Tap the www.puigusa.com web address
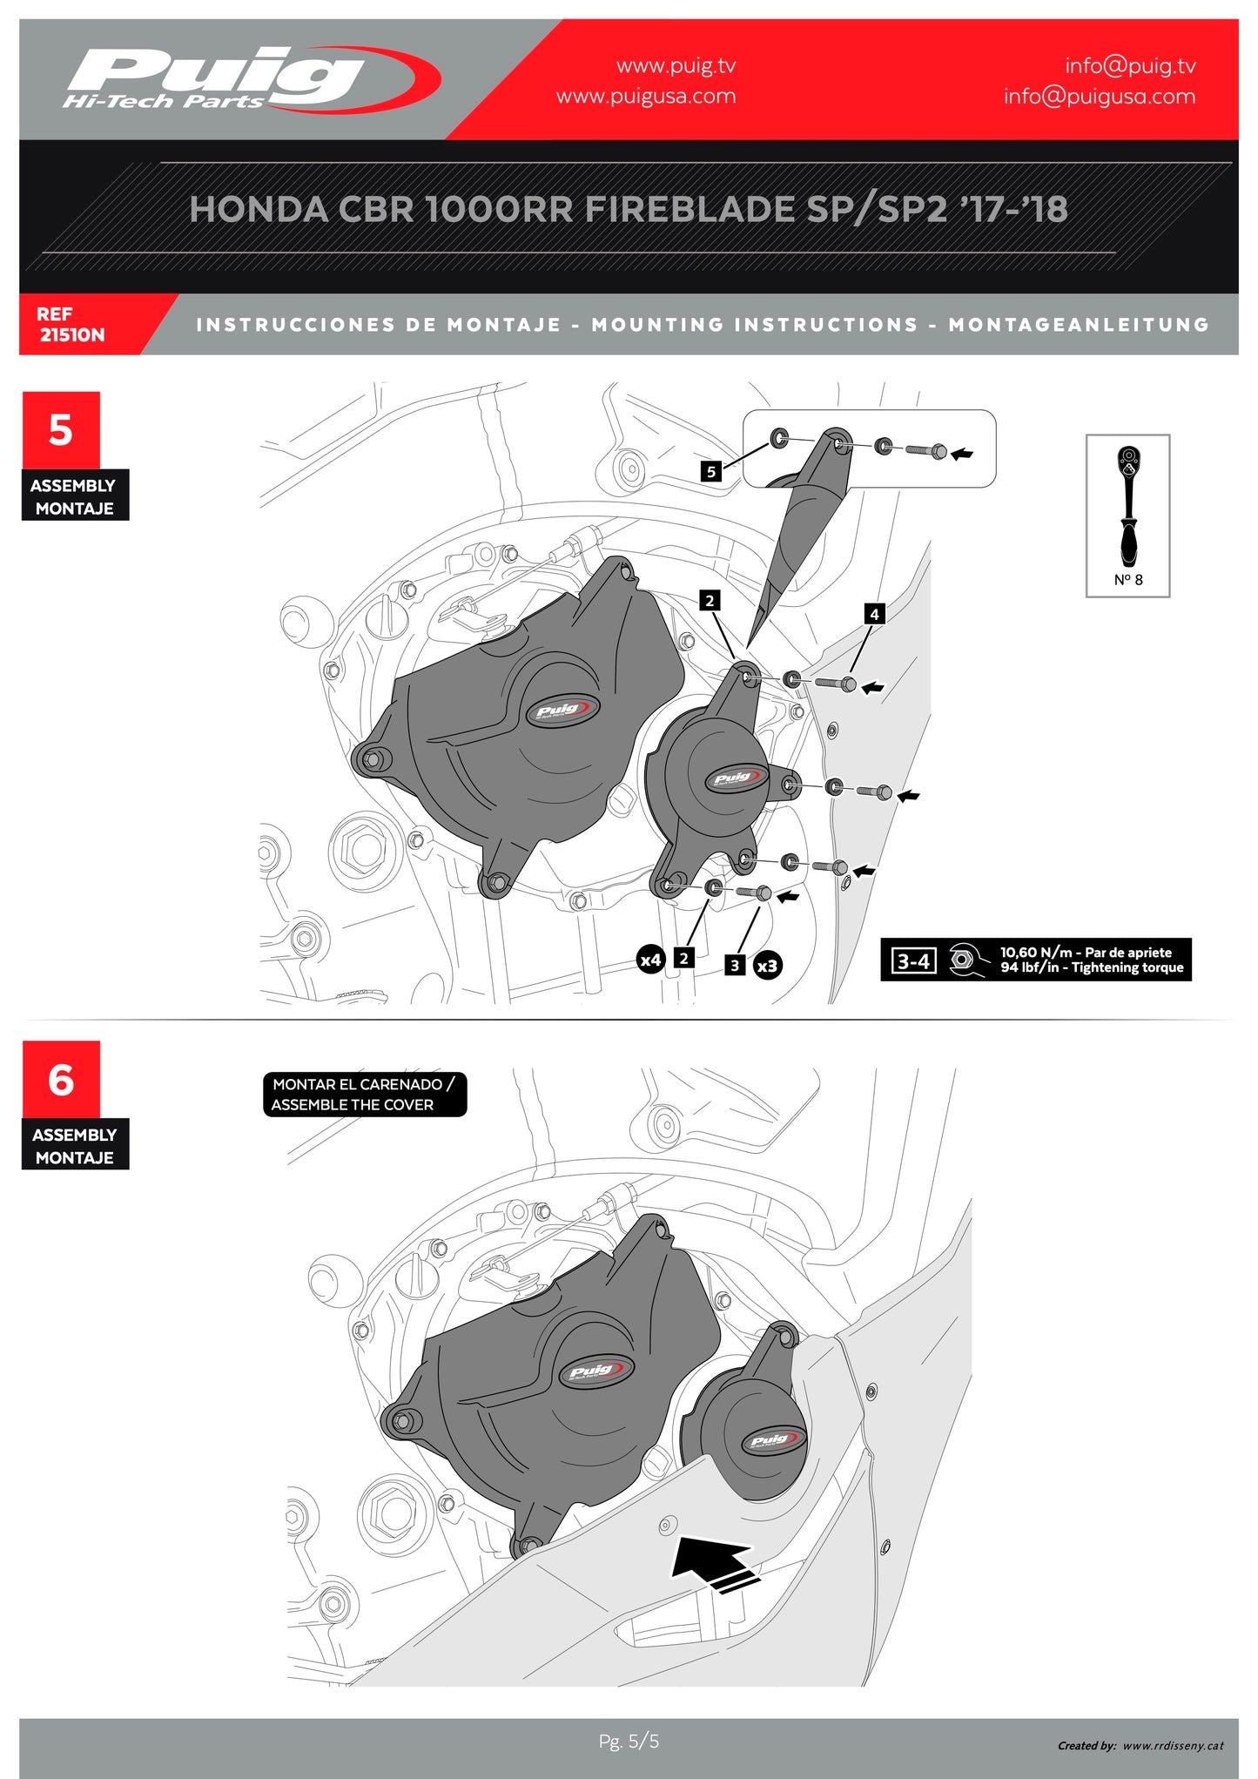pyautogui.click(x=646, y=97)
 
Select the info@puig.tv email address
pyautogui.click(x=1130, y=66)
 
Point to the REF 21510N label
pyautogui.click(x=71, y=324)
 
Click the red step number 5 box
pyautogui.click(x=61, y=430)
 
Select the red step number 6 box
pyautogui.click(x=61, y=1080)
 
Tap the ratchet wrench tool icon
pyautogui.click(x=1128, y=505)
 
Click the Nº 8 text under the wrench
pyautogui.click(x=1128, y=580)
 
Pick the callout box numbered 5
pyautogui.click(x=711, y=471)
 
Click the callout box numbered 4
pyautogui.click(x=874, y=614)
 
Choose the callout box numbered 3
pyautogui.click(x=735, y=965)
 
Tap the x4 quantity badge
pyautogui.click(x=651, y=960)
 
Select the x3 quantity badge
pyautogui.click(x=767, y=966)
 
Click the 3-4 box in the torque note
pyautogui.click(x=913, y=961)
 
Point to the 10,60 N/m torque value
pyautogui.click(x=1036, y=953)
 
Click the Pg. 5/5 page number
pyautogui.click(x=629, y=1741)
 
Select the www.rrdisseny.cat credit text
pyautogui.click(x=1173, y=1745)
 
